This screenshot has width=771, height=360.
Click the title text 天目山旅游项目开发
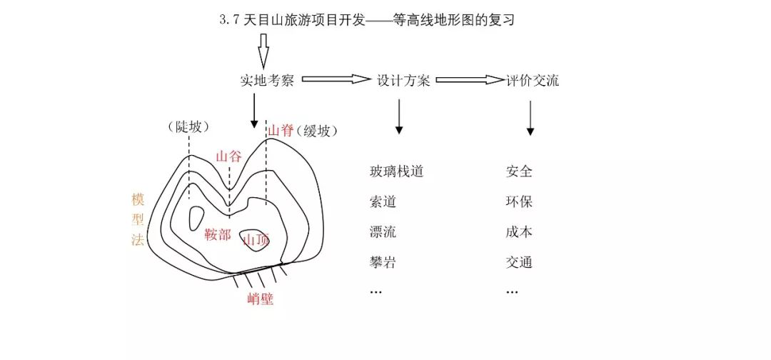(x=304, y=20)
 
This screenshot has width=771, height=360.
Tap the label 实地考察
(x=268, y=81)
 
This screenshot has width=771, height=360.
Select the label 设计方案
(x=403, y=81)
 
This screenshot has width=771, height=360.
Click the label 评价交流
(x=533, y=81)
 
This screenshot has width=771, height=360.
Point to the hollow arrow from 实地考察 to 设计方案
(x=336, y=79)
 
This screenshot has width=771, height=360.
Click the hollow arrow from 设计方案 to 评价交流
(x=470, y=80)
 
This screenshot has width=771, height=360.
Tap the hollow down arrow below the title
(x=263, y=51)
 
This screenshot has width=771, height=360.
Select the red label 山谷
(x=229, y=157)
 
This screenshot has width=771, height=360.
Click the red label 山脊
(x=281, y=131)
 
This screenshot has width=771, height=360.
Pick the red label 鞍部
(x=217, y=235)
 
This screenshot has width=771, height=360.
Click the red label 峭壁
(x=260, y=299)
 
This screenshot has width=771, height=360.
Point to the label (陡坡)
(x=188, y=127)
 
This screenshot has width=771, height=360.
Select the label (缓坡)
(x=317, y=131)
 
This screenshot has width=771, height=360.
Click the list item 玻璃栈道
(x=396, y=171)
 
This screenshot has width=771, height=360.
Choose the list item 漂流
(x=383, y=231)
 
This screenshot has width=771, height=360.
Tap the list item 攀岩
(x=383, y=262)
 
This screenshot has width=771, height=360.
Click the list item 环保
(x=519, y=201)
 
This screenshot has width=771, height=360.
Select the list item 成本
(x=519, y=231)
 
